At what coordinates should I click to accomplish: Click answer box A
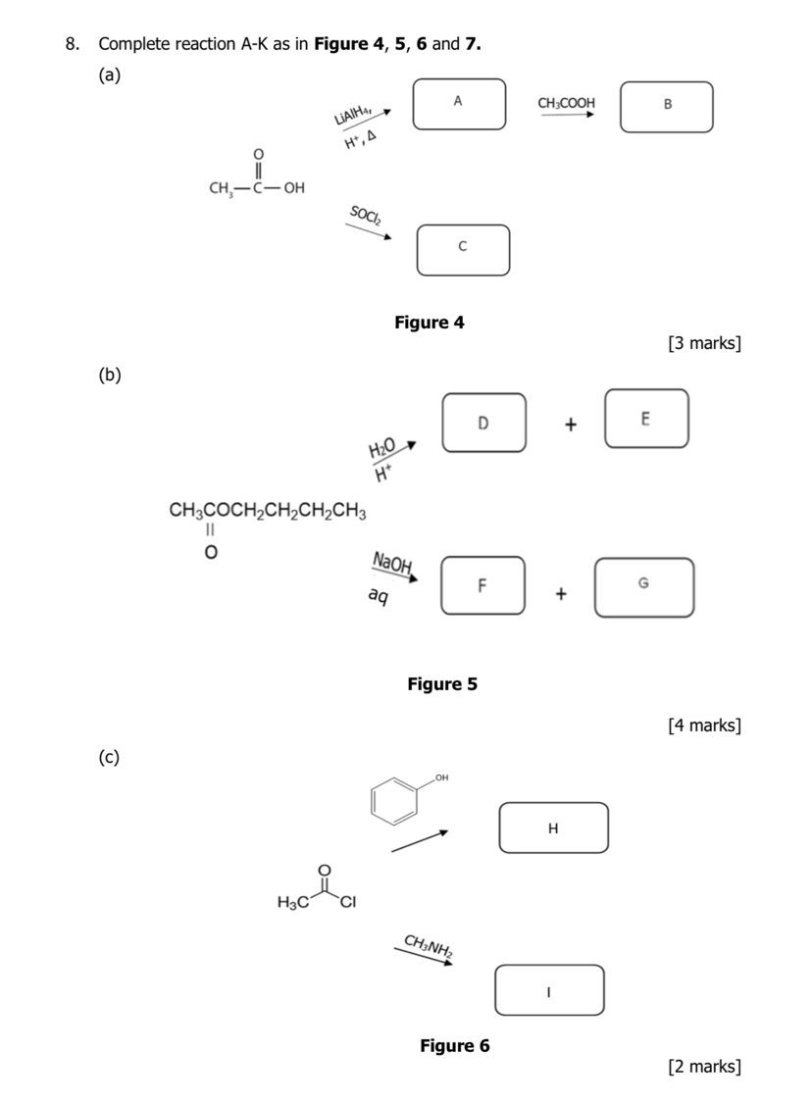(459, 104)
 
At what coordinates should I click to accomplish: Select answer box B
(667, 106)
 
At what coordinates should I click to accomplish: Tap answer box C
(463, 250)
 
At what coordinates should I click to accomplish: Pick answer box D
(483, 423)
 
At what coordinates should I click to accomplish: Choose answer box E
(645, 419)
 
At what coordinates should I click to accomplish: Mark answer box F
(482, 585)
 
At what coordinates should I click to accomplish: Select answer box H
(553, 827)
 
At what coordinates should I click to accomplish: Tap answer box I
(549, 989)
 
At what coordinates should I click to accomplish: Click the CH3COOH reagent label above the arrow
(566, 103)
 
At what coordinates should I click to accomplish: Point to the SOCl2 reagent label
(366, 216)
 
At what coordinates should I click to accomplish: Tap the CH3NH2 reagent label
(428, 945)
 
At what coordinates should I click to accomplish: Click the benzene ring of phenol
(394, 797)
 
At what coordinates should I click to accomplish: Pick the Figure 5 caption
(442, 684)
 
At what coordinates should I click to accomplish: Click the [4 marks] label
(703, 726)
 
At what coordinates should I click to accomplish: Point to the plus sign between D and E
(571, 425)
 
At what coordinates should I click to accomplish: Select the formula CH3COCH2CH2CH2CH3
(268, 510)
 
